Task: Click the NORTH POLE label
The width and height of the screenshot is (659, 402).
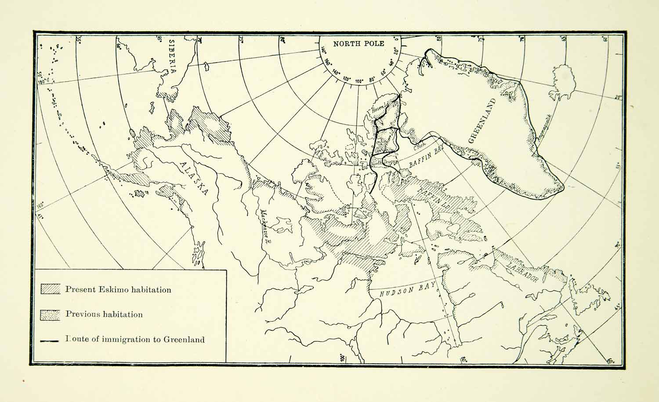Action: pos(358,43)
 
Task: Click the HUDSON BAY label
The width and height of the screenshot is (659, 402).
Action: pos(402,290)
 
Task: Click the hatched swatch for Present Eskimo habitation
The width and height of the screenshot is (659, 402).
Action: pos(51,289)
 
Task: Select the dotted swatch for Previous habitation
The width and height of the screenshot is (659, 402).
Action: pos(51,314)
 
